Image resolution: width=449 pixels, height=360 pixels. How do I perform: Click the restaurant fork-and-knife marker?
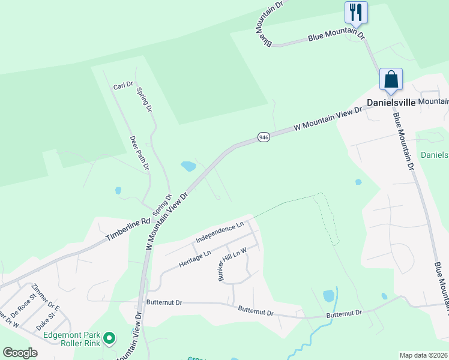pos(356,12)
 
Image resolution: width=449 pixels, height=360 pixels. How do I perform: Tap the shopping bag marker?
pos(391,79)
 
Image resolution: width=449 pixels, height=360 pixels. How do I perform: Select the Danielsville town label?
pos(391,103)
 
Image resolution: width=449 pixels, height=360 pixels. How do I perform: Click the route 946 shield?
pos(264,137)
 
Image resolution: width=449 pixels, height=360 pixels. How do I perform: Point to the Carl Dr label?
pos(122,86)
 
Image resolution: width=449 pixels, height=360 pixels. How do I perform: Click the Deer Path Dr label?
pos(139,152)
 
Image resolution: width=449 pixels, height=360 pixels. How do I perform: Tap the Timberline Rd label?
pos(128,230)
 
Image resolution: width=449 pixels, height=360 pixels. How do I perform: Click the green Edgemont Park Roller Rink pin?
pos(109,339)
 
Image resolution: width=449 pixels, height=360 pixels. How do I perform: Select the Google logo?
pos(20,353)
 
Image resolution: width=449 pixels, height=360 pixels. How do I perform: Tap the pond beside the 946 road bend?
pos(188,166)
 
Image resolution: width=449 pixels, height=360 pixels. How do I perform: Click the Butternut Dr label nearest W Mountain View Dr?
pos(164,303)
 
